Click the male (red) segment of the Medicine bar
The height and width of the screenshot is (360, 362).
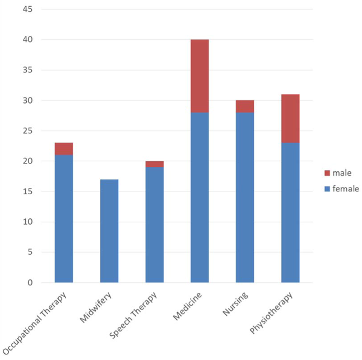(x=199, y=76)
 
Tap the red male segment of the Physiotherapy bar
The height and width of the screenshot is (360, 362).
(x=290, y=119)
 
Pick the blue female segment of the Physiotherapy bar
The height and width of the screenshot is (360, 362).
(x=290, y=212)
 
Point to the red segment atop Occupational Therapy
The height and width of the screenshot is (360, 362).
(x=64, y=148)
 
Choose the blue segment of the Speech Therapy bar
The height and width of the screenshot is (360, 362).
(x=154, y=224)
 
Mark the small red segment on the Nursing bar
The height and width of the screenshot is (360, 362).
(x=245, y=106)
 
